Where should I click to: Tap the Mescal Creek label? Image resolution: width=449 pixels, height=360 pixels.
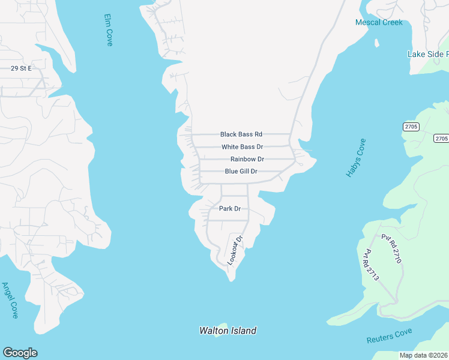pos(379,22)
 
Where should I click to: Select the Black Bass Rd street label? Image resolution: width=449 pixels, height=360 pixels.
pos(241,134)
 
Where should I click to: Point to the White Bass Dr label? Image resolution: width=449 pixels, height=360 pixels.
pos(242,147)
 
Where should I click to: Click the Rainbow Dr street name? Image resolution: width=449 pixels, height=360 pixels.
pos(247,159)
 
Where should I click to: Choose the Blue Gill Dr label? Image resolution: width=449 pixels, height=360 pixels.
pos(241,172)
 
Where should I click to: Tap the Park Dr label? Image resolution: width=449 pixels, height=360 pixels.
pos(229,209)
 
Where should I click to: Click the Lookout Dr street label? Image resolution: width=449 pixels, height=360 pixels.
pos(235,250)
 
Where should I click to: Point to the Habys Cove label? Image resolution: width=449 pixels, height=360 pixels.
pos(356,158)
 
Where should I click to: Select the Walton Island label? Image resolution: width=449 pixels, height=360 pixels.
pos(228,331)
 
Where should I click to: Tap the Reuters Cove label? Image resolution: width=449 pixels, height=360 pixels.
pos(389,336)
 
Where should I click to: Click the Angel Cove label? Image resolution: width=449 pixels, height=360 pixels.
pos(10,300)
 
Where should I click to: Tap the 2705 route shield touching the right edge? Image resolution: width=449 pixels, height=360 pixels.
pos(441,139)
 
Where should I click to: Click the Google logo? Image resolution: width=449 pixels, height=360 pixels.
pos(20,353)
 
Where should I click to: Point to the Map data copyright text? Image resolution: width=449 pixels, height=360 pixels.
pos(424,355)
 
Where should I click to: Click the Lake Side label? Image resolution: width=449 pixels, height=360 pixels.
pos(428,54)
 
